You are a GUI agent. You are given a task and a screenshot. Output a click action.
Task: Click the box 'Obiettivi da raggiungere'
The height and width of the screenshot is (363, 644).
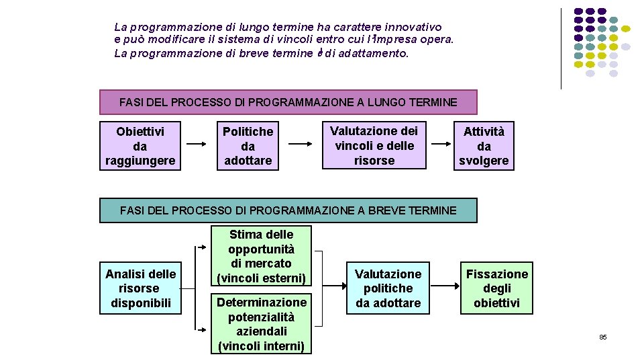tap(140, 146)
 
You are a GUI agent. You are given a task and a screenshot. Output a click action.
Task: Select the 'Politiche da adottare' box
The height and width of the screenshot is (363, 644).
tap(248, 146)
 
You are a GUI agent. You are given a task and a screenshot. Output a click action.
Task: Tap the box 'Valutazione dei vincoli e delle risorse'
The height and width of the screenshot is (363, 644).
tap(374, 145)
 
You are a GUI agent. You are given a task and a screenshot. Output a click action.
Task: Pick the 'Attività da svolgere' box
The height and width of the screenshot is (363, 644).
tap(484, 146)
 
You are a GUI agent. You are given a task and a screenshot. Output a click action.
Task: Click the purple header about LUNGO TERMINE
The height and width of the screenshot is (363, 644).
tap(288, 103)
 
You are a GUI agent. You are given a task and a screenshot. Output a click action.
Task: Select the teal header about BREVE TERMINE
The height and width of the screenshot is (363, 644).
tap(288, 210)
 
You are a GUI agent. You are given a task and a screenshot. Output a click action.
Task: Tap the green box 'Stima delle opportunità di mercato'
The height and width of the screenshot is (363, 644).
tap(261, 256)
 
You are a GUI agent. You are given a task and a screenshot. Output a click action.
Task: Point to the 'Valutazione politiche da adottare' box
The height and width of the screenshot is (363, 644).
tap(388, 288)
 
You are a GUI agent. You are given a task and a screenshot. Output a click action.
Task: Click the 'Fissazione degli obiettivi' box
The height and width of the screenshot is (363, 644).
tap(497, 288)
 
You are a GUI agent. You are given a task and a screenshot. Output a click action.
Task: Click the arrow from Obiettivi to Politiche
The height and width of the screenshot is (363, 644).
tap(197, 144)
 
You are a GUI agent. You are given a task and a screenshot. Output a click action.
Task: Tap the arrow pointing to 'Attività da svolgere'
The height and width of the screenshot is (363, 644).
tap(441, 144)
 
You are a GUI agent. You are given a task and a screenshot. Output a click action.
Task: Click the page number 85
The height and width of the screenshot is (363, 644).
tap(602, 337)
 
